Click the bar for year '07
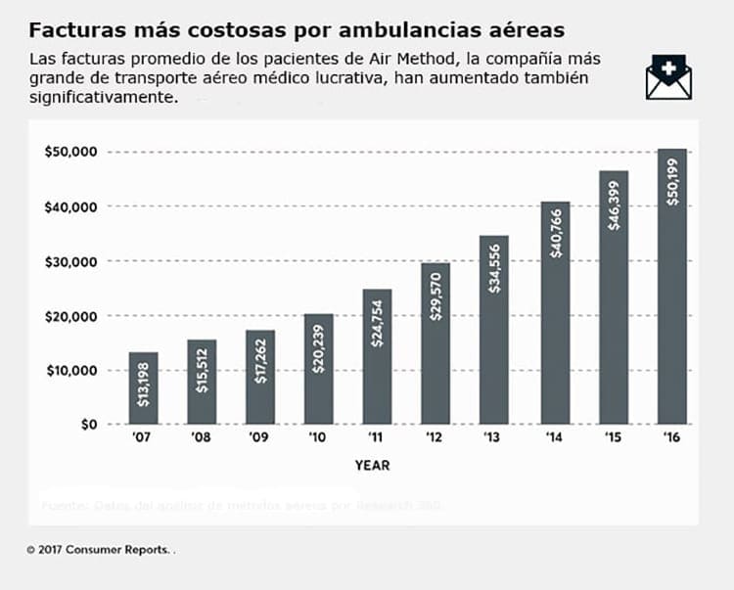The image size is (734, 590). click(143, 387)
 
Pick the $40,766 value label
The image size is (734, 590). click(555, 235)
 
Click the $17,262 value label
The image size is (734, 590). click(260, 358)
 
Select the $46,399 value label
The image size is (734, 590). click(614, 205)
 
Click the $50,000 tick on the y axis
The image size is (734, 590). click(70, 152)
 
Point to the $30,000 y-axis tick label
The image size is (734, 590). click(70, 261)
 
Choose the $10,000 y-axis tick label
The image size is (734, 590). click(70, 370)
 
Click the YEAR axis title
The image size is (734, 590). click(372, 466)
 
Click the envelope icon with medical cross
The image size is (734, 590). click(668, 77)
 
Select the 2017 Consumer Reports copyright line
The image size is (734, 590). click(101, 550)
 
